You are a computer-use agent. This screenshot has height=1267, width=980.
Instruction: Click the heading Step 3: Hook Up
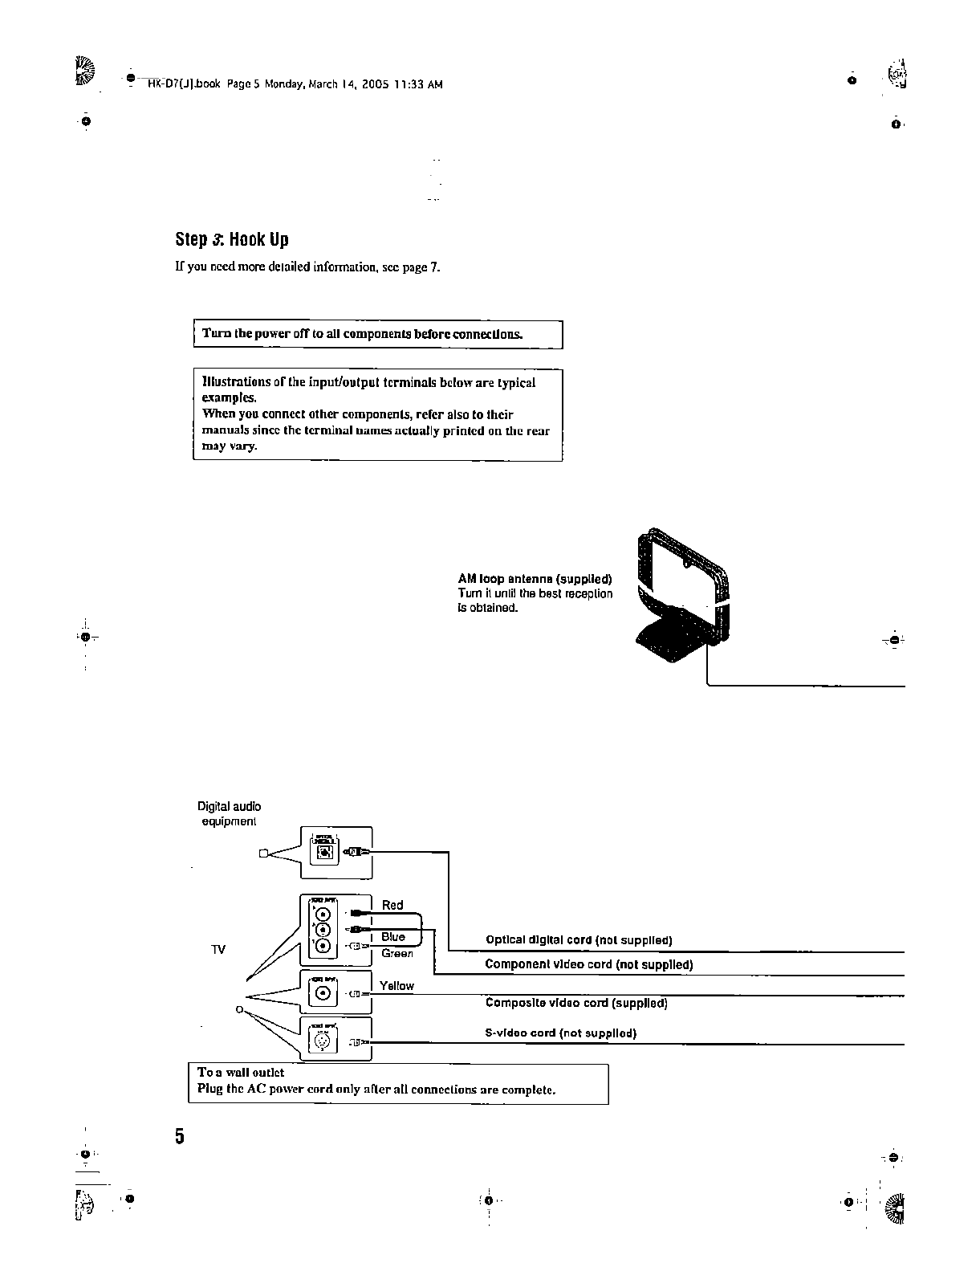(x=232, y=239)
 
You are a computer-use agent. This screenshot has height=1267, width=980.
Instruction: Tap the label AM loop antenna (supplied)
(x=535, y=579)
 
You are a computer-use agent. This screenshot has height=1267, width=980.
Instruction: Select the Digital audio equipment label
(x=229, y=813)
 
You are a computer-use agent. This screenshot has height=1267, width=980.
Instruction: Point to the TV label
(x=218, y=950)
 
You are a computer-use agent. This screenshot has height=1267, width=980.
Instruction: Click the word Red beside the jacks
(x=392, y=905)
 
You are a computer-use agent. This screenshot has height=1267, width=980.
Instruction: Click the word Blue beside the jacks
(x=393, y=937)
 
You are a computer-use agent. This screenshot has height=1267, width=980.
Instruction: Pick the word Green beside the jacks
(x=397, y=953)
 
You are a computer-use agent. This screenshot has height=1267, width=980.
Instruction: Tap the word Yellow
(x=396, y=986)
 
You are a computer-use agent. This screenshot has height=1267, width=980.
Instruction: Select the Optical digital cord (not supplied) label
(x=579, y=940)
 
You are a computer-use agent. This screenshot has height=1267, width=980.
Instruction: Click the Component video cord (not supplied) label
(x=588, y=964)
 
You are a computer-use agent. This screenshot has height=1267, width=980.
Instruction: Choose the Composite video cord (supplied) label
(x=576, y=1003)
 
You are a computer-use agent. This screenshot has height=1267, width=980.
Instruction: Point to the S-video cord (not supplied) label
(x=560, y=1033)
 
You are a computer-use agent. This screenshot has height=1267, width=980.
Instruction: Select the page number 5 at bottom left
(x=180, y=1136)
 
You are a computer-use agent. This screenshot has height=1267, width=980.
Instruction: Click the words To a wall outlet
(x=241, y=1073)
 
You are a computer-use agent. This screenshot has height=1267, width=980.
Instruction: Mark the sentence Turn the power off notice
(x=362, y=334)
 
